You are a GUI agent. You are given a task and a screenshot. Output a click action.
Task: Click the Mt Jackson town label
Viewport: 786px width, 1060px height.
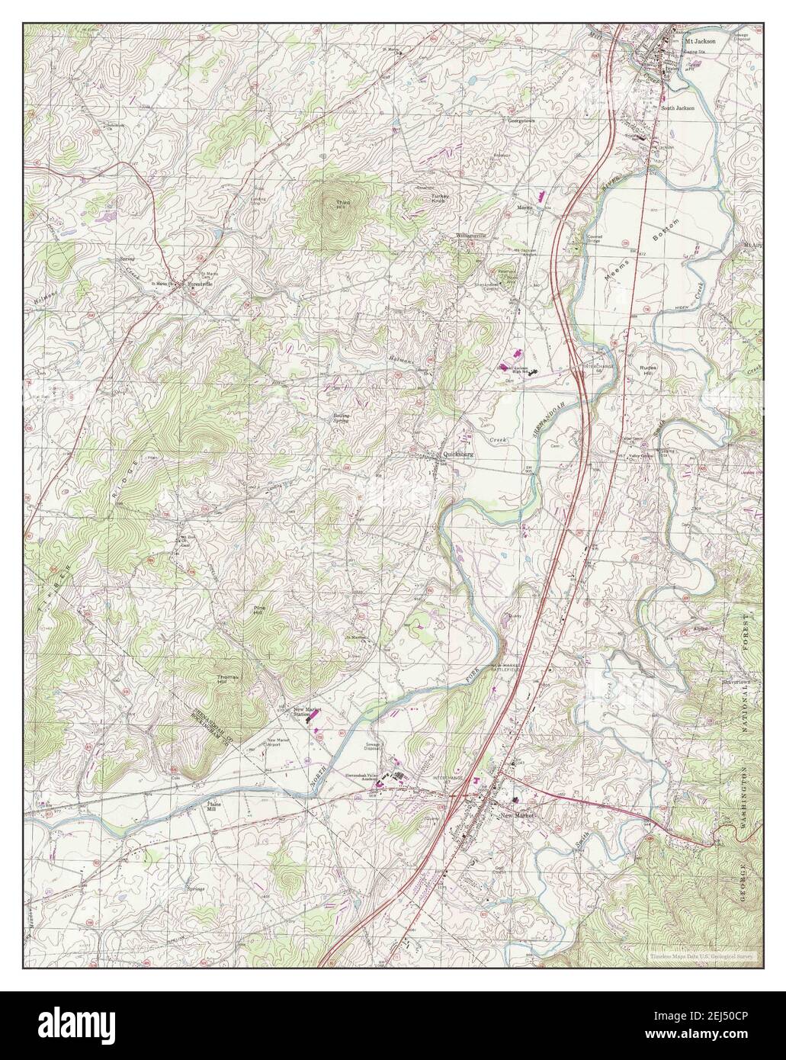pos(701,41)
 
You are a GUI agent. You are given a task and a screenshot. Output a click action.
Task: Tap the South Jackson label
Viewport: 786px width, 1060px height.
pos(678,108)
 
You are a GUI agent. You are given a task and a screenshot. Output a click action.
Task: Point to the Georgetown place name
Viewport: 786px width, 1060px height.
pos(524,120)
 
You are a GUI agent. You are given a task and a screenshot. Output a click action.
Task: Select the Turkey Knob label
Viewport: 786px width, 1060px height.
pos(442,199)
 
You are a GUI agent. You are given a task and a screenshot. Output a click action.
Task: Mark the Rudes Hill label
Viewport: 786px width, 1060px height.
pos(649,370)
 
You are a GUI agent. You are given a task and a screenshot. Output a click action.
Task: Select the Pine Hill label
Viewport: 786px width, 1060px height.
pos(258,610)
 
